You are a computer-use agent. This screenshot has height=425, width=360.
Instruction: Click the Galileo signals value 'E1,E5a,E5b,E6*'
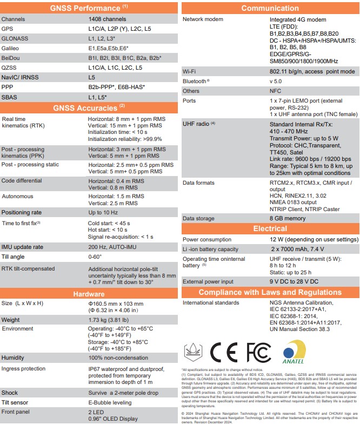click(x=109, y=49)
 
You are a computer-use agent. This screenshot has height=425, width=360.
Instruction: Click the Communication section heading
click(x=270, y=8)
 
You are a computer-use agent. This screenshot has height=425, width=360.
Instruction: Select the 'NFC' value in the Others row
click(x=276, y=91)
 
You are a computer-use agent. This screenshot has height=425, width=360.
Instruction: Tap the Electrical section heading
click(x=270, y=229)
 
